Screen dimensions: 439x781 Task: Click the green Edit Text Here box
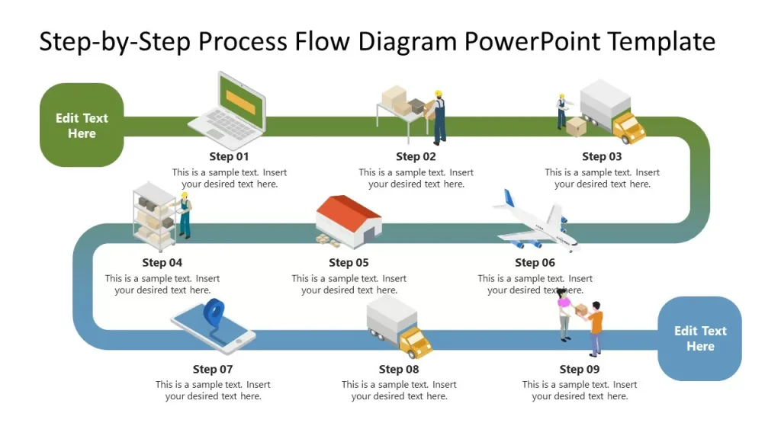[x=82, y=125]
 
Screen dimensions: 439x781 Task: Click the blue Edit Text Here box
[x=699, y=338]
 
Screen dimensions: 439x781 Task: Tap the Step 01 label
[x=229, y=156]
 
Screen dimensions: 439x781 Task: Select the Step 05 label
[x=349, y=262]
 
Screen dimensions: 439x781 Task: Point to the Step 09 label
[x=579, y=369]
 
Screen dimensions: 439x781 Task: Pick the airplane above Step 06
[x=536, y=223]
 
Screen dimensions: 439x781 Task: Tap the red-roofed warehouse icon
[x=349, y=221]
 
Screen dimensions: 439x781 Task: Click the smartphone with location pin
[x=213, y=328]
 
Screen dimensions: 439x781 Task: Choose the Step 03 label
[x=602, y=156]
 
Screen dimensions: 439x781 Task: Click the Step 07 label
[x=213, y=369]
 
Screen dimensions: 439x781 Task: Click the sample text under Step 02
[x=416, y=178]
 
